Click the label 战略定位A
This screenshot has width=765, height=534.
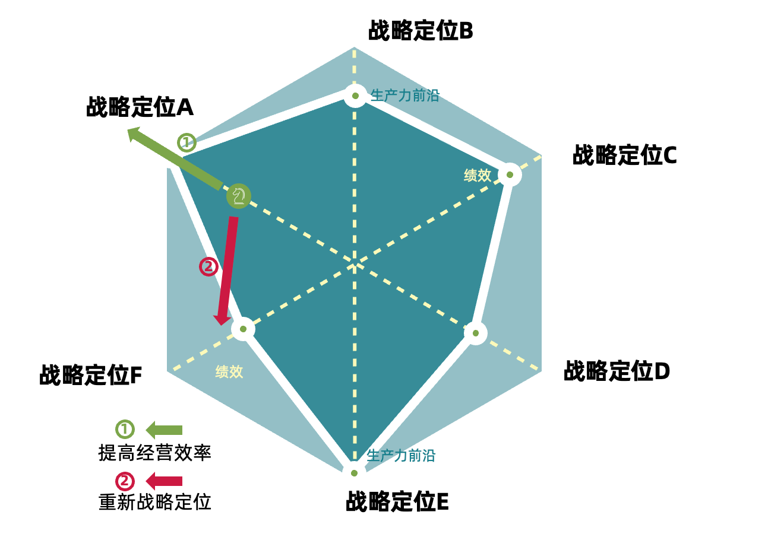[x=140, y=107]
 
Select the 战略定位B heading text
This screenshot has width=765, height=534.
[x=421, y=31]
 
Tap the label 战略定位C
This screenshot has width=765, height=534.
[x=624, y=155]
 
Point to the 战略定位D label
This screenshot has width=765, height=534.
[x=617, y=371]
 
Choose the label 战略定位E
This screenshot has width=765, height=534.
[x=397, y=502]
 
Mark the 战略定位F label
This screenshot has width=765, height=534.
[x=90, y=375]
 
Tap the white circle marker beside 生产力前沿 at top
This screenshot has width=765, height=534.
[x=355, y=96]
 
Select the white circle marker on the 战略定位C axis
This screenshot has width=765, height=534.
[x=509, y=174]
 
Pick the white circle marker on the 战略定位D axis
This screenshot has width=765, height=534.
[x=475, y=333]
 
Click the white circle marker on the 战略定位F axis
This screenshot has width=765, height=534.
[x=243, y=329]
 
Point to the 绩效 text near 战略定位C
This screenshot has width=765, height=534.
[x=478, y=175]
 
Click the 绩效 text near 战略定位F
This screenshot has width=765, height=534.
[x=229, y=372]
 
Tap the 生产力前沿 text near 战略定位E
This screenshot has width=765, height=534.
[x=401, y=456]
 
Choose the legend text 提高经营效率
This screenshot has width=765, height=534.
[x=155, y=453]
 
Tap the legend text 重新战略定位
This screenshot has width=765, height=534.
[x=155, y=503]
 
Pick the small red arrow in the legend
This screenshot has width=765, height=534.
[x=165, y=481]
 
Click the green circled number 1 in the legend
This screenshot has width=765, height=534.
[x=125, y=429]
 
